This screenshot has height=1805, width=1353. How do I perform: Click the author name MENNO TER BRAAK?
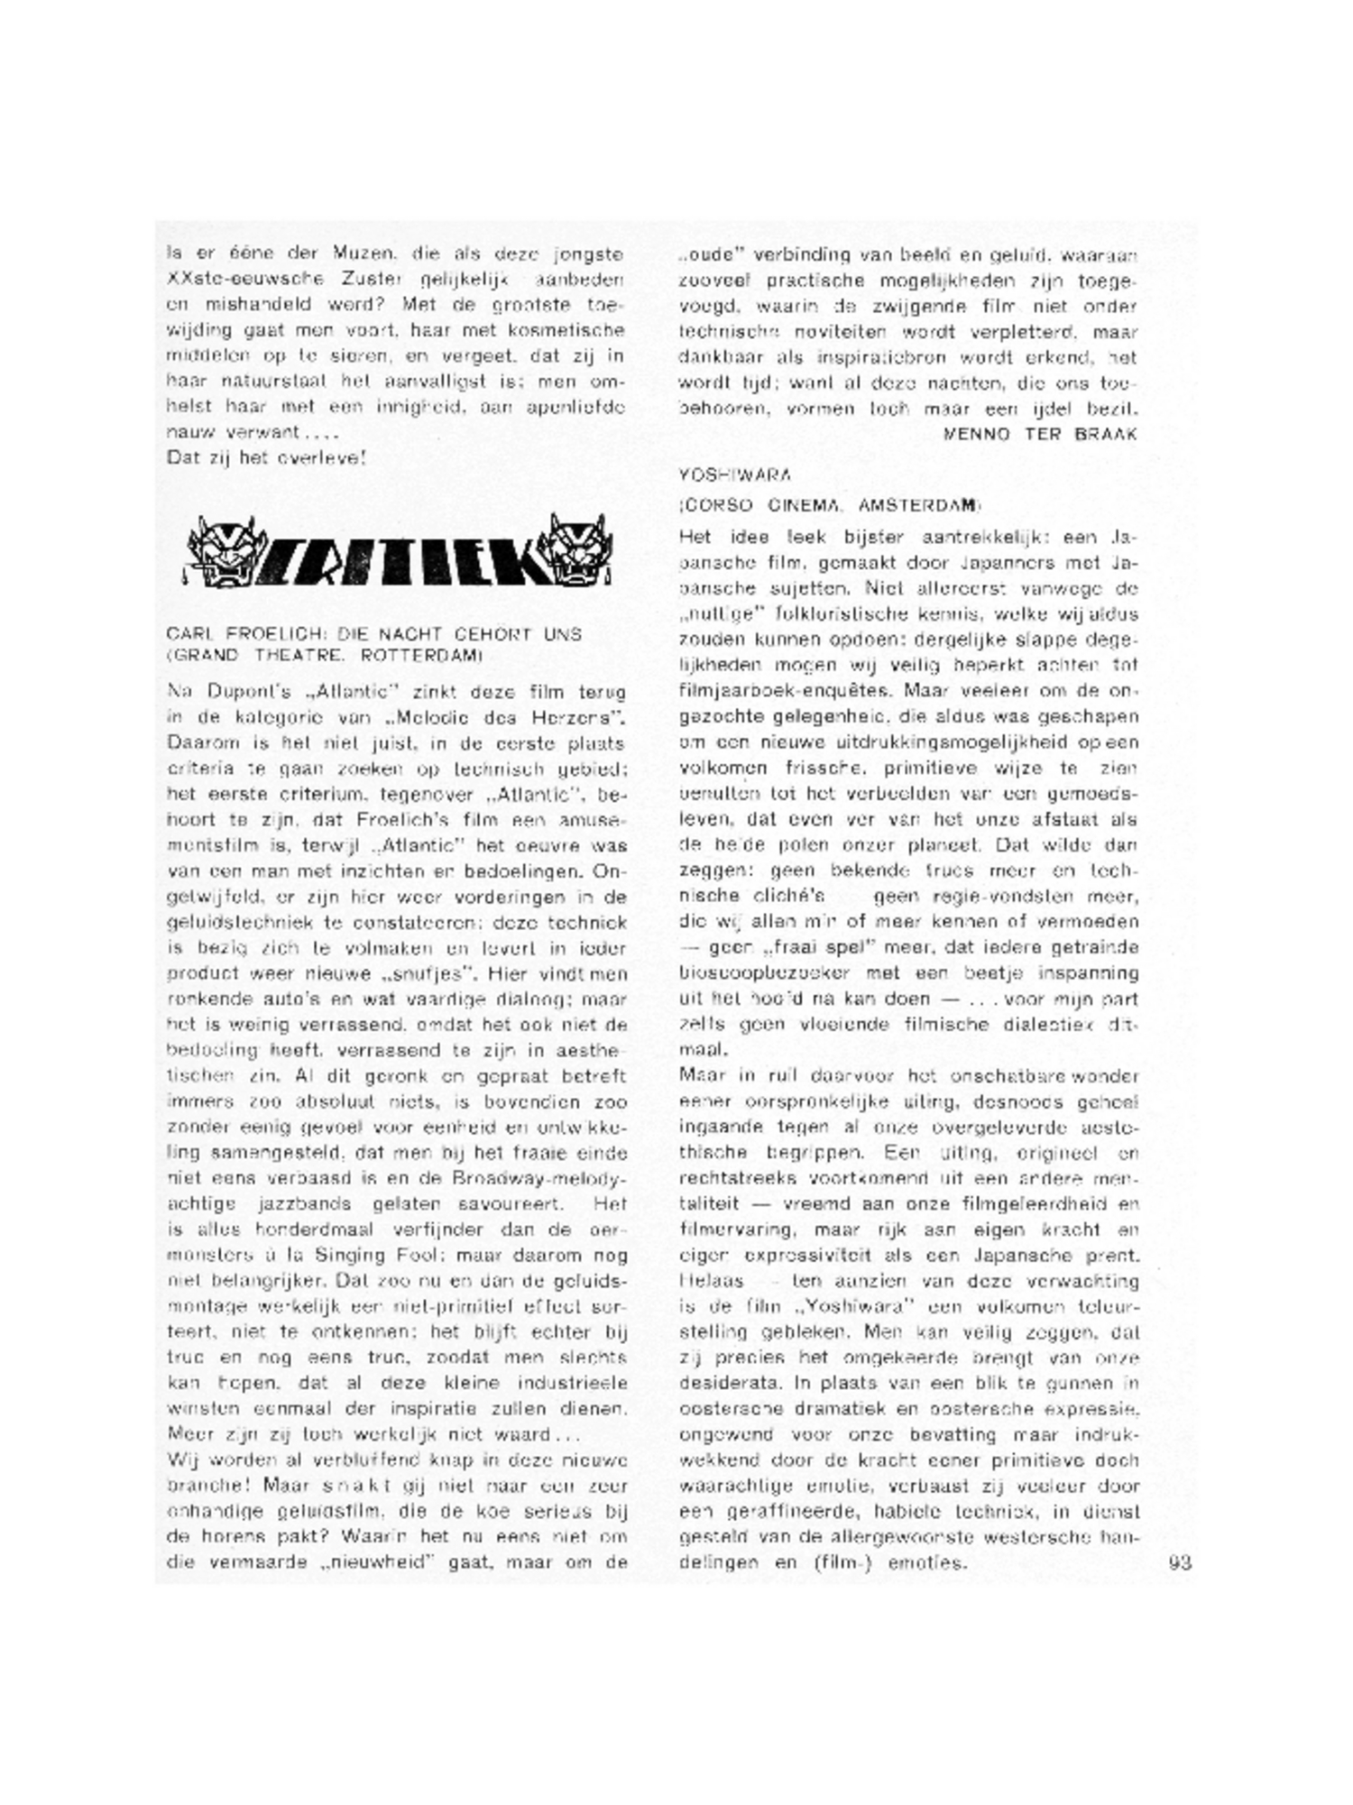click(1039, 434)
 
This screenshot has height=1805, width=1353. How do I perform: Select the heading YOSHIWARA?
click(722, 474)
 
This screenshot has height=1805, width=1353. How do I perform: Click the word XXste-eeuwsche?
click(230, 281)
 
